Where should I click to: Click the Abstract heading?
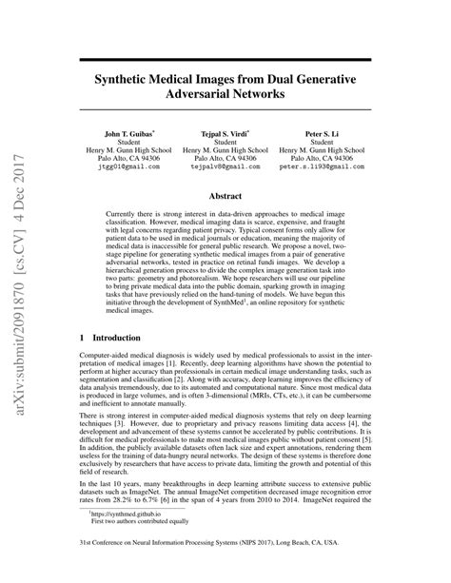(225, 197)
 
